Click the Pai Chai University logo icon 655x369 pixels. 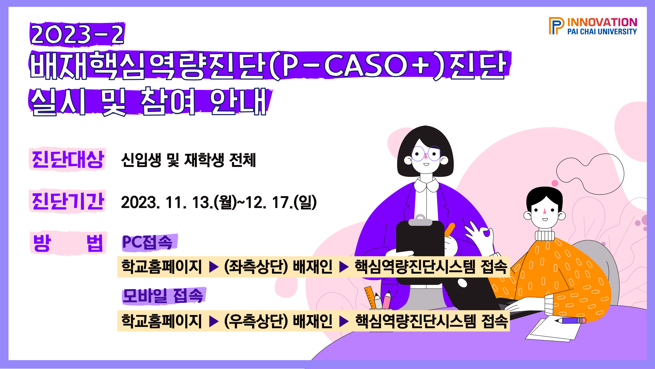point(556,26)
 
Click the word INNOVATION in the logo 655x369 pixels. point(602,22)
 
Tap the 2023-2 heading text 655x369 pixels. point(77,34)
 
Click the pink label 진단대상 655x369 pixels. point(68,159)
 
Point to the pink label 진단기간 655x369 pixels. point(68,201)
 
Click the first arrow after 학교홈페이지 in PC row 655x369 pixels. point(214,267)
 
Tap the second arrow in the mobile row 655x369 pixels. point(344,322)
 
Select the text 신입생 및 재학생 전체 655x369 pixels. point(188,160)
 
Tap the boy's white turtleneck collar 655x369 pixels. point(544,235)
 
